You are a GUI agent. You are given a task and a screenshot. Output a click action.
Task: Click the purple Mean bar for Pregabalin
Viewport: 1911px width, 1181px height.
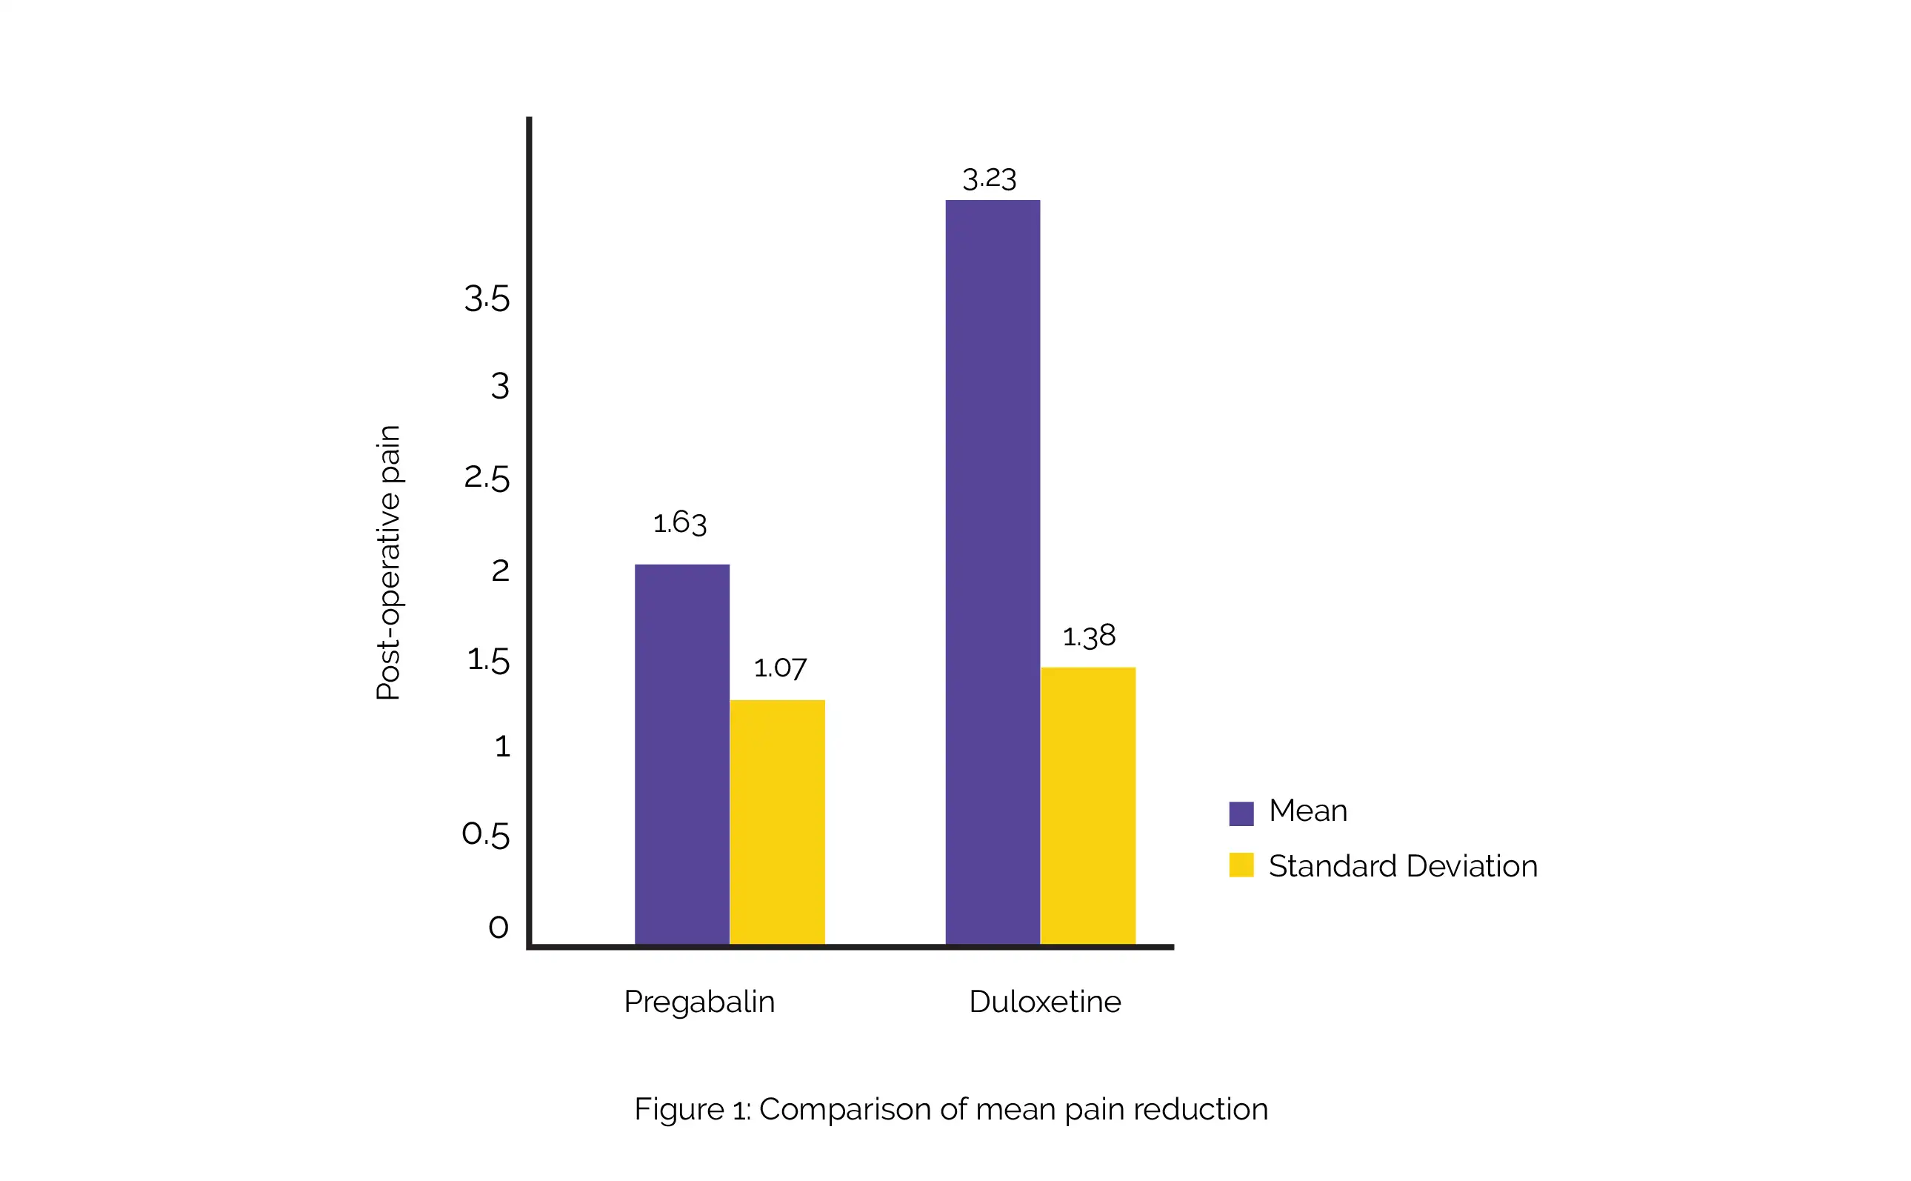(681, 753)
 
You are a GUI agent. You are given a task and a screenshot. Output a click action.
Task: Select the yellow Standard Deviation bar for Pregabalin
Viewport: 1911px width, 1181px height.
(777, 822)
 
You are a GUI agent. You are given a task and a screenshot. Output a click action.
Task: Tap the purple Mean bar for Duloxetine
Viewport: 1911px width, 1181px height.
(993, 572)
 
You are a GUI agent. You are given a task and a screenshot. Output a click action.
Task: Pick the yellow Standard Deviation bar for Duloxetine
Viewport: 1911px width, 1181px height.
(1087, 805)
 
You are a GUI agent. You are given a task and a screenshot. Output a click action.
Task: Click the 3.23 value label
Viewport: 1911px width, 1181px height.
(989, 179)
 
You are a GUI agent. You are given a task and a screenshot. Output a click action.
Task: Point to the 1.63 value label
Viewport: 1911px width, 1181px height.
(679, 522)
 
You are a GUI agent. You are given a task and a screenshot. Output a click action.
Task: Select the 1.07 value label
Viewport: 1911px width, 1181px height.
(780, 668)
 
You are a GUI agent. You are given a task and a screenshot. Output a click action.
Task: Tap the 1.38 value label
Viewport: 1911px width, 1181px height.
(1089, 636)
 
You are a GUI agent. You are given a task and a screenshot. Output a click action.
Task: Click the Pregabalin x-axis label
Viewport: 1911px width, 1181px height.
(698, 1002)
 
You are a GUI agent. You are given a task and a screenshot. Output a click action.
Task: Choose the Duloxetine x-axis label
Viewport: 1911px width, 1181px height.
(1044, 1002)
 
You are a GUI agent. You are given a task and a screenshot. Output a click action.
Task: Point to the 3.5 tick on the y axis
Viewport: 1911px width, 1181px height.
(487, 299)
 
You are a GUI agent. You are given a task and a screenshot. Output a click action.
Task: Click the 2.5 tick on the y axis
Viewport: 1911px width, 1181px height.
(487, 478)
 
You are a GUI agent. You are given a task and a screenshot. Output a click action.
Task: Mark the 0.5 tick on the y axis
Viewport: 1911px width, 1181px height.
(486, 834)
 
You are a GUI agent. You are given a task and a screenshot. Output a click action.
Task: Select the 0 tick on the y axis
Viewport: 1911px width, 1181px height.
(498, 927)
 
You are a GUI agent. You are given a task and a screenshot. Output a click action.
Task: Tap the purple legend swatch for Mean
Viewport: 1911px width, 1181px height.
(1241, 813)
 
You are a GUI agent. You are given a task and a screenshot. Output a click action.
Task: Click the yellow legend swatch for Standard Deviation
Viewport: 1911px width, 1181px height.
(1241, 865)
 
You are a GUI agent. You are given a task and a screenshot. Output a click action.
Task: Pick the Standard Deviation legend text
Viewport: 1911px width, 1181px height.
(1403, 866)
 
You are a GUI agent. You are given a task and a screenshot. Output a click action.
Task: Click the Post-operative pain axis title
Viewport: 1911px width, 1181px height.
(388, 562)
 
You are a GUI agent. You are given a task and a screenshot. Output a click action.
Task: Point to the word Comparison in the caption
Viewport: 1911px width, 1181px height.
(845, 1109)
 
